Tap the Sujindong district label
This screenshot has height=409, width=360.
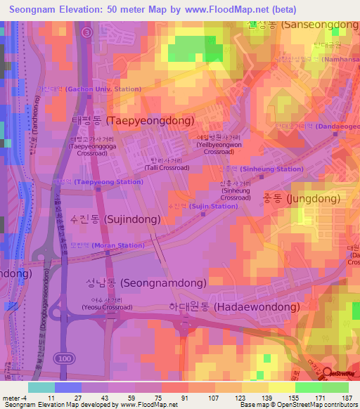pos(115,219)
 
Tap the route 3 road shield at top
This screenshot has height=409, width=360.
pos(86,32)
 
